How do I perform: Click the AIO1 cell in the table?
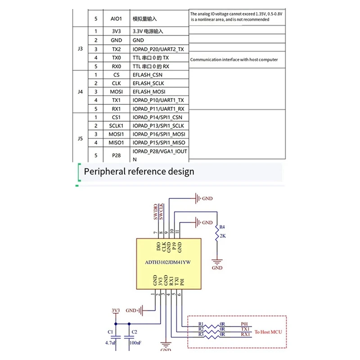point(116,19)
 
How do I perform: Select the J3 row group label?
point(81,49)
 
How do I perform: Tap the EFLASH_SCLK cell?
point(148,83)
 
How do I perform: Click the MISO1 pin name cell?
point(116,143)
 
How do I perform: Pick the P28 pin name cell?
point(116,155)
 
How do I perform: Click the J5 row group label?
point(81,139)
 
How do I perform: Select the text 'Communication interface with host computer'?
point(234,59)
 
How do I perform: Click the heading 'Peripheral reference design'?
point(139,171)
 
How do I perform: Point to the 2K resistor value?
point(222,236)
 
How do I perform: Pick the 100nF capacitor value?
point(135,342)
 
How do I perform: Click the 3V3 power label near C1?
point(116,310)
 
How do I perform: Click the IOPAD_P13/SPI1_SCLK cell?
point(159,126)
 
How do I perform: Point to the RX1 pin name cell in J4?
point(116,109)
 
